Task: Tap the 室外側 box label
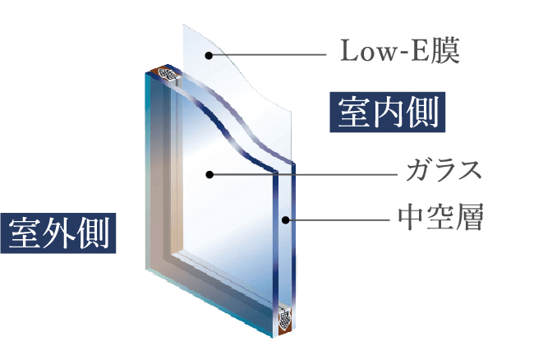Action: click(x=58, y=233)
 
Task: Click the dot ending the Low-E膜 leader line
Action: click(x=209, y=55)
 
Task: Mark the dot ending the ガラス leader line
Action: click(x=210, y=174)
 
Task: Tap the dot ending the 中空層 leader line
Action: click(x=287, y=219)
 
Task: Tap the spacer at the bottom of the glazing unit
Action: click(x=284, y=319)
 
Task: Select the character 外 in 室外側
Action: click(x=58, y=233)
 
